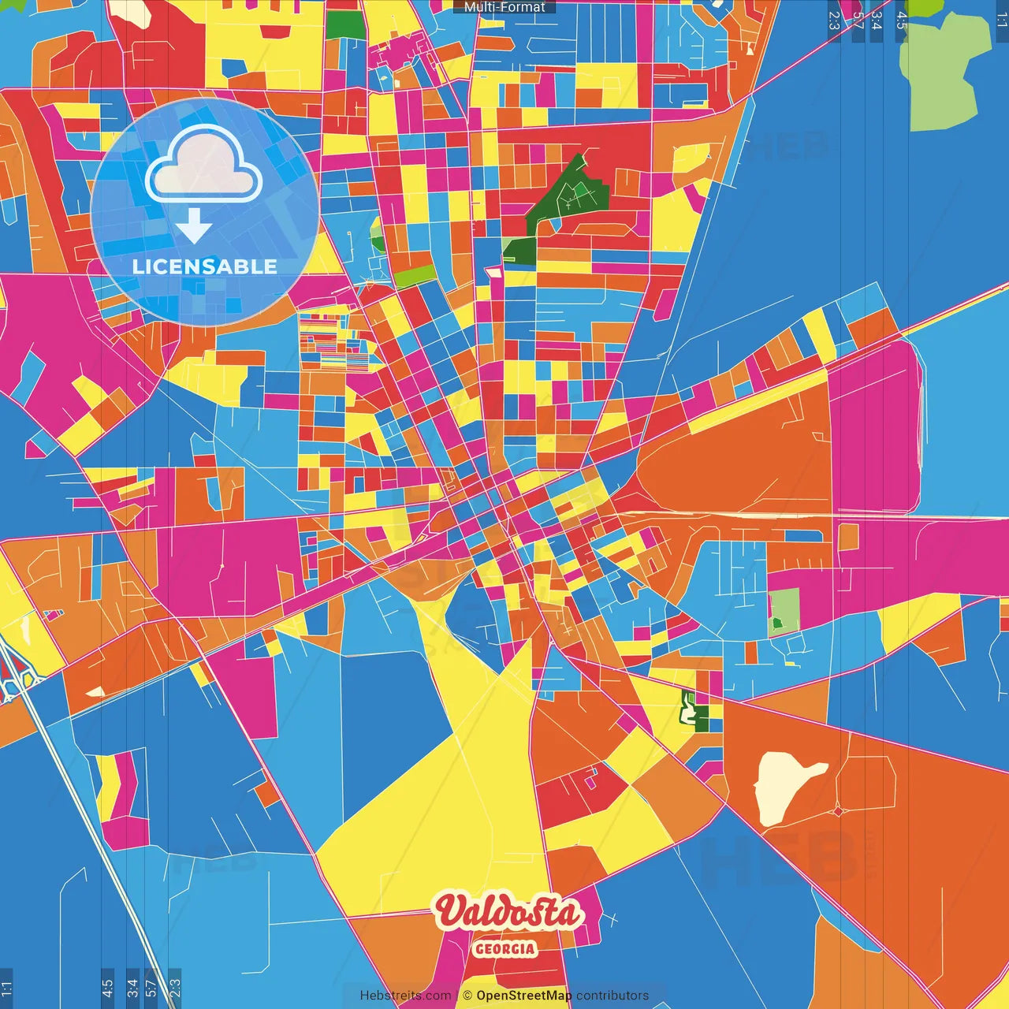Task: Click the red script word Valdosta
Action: [x=508, y=913]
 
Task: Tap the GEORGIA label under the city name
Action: [x=505, y=949]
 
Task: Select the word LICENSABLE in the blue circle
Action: [x=205, y=266]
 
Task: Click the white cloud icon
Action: [x=203, y=164]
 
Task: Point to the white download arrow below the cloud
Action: [x=194, y=225]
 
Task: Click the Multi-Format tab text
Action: [x=504, y=7]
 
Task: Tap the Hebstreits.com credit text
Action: [x=405, y=996]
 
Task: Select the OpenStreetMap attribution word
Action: [x=523, y=996]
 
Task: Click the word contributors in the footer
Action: [x=612, y=996]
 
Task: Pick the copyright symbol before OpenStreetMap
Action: [x=467, y=996]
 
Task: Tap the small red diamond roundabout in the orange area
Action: [x=837, y=810]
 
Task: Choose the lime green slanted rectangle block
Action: [x=415, y=276]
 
